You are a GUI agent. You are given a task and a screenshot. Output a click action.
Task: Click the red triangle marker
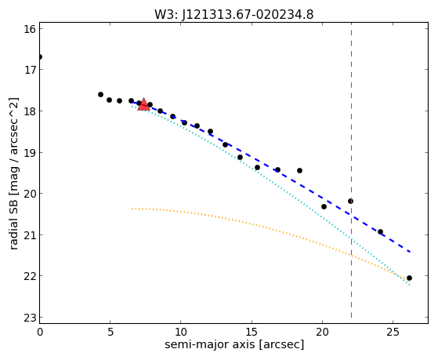click(143, 104)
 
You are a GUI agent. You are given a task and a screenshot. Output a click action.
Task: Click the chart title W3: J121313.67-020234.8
click(234, 15)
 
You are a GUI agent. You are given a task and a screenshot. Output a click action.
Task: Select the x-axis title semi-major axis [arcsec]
click(234, 344)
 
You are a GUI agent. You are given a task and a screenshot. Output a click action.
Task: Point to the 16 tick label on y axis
click(30, 29)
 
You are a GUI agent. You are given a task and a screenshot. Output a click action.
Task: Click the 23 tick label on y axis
click(30, 318)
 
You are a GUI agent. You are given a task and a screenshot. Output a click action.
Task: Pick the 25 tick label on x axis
click(393, 332)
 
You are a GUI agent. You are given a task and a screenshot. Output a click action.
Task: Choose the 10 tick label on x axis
click(181, 332)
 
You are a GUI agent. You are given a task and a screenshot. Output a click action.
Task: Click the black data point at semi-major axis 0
click(40, 57)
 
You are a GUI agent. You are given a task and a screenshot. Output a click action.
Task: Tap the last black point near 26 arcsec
click(409, 278)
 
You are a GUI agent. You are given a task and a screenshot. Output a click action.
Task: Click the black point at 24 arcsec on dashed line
click(380, 231)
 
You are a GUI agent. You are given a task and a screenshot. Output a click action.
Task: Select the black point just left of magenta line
click(350, 201)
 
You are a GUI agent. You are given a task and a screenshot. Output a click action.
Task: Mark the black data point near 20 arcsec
click(324, 207)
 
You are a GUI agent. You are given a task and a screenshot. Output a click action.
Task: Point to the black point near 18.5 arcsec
click(299, 171)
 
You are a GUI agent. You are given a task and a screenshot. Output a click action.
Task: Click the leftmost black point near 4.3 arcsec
click(100, 95)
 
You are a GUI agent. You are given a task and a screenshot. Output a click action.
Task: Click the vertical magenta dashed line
click(351, 171)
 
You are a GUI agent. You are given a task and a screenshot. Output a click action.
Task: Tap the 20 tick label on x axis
click(322, 332)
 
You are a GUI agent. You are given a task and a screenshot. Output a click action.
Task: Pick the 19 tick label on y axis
click(30, 153)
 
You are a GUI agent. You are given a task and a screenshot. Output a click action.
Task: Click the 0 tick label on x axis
click(40, 332)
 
